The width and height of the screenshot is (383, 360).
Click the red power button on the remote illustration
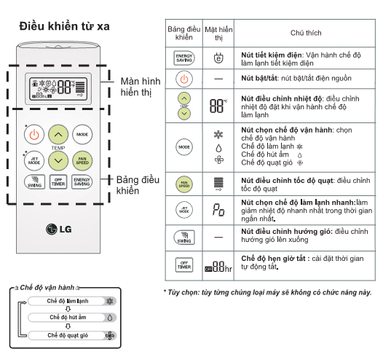[x=34, y=134]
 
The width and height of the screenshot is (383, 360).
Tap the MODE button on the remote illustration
[x=82, y=134]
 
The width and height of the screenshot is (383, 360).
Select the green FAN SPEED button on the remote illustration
[x=82, y=161]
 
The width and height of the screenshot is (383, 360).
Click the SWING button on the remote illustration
[x=34, y=182]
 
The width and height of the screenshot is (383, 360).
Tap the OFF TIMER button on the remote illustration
[x=58, y=182]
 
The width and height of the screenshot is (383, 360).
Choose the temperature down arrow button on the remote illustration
[x=58, y=161]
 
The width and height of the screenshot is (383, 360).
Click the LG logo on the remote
[x=59, y=229]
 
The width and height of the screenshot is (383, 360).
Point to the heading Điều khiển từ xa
[x=65, y=26]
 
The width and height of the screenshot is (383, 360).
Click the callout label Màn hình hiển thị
[x=141, y=87]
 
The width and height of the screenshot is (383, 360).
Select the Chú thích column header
[x=306, y=33]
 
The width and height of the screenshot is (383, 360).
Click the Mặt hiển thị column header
[x=218, y=34]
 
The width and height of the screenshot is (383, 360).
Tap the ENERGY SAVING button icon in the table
[x=184, y=58]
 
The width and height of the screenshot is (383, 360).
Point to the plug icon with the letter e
[x=218, y=58]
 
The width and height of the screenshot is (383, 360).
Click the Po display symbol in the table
[x=218, y=210]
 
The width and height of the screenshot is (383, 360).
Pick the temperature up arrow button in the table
[x=184, y=98]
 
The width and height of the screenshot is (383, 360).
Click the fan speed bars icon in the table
[x=218, y=184]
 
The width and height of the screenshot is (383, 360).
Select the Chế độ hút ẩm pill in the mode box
[x=72, y=318]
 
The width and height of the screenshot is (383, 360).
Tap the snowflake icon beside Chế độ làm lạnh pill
[x=110, y=301]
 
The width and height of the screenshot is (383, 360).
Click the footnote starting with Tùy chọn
[x=267, y=292]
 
